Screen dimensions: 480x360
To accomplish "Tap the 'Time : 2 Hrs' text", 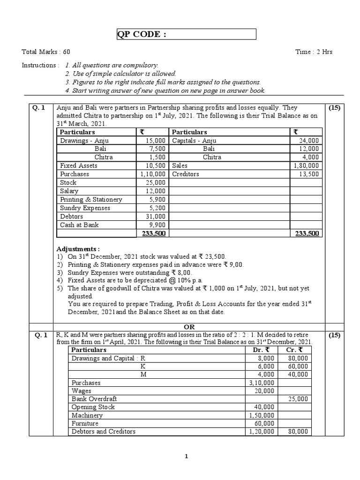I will (314, 52).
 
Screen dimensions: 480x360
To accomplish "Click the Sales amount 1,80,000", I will (306, 165).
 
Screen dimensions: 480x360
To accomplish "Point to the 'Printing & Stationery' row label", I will (91, 199).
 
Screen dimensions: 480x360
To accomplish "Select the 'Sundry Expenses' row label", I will (85, 208).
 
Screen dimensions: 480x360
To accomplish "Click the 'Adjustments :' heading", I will (78, 248).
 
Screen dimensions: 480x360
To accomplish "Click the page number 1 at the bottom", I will (186, 457).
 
